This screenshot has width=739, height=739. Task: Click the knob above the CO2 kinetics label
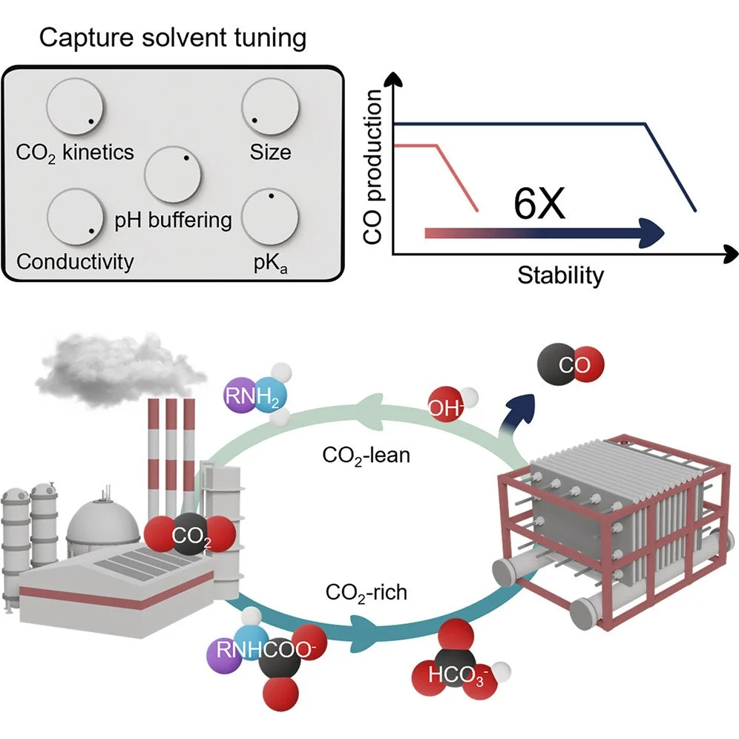[74, 108]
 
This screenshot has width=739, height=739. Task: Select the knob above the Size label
[271, 108]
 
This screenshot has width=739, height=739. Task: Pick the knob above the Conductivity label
[74, 219]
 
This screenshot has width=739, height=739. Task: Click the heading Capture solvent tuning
[172, 38]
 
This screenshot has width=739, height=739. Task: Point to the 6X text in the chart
[539, 203]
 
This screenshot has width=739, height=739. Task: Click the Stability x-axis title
[560, 275]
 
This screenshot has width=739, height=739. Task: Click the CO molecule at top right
[572, 366]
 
